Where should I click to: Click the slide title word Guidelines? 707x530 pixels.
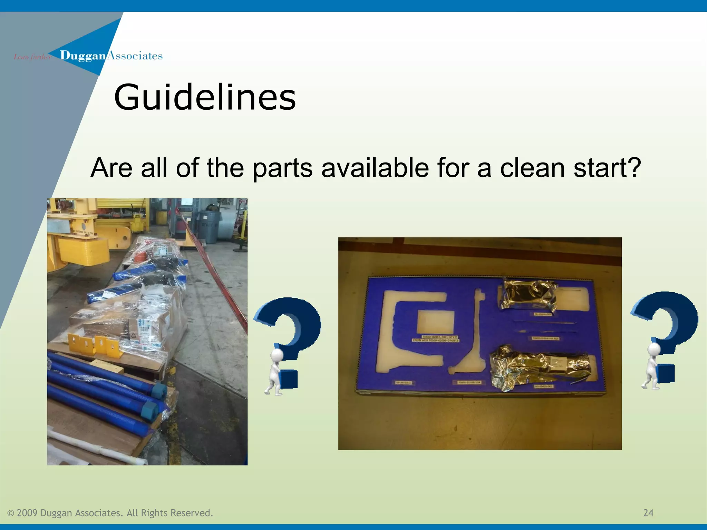pyautogui.click(x=205, y=98)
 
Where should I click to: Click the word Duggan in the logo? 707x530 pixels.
pyautogui.click(x=83, y=56)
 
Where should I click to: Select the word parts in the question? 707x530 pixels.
pyautogui.click(x=282, y=168)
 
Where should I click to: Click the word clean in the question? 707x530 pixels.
pyautogui.click(x=532, y=168)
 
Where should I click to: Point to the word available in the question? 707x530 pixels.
pyautogui.click(x=375, y=168)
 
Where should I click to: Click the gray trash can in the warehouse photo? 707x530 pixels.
pyautogui.click(x=209, y=226)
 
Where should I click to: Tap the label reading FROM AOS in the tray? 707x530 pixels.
pyautogui.click(x=435, y=340)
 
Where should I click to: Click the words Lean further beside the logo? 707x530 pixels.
pyautogui.click(x=32, y=57)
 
